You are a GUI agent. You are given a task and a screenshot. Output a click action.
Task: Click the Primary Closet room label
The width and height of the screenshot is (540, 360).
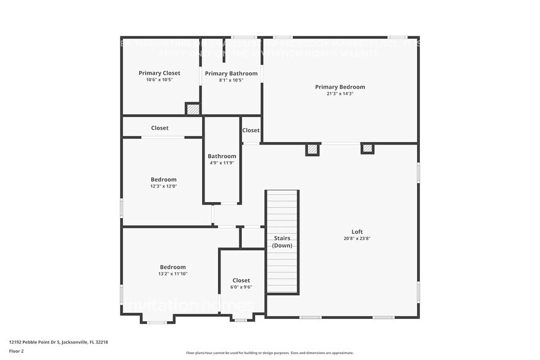coord(159,73)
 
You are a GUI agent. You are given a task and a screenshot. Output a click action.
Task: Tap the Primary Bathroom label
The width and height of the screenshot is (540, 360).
coord(231,73)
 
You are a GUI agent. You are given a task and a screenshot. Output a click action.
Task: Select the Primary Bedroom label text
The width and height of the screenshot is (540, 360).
coord(340,87)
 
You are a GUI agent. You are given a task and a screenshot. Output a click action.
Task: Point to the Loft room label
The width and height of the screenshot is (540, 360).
coord(357,231)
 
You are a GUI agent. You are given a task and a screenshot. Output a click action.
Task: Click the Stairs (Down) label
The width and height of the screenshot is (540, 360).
coord(282,242)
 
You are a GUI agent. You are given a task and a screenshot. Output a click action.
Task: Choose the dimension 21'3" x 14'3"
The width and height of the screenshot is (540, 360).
coord(340,94)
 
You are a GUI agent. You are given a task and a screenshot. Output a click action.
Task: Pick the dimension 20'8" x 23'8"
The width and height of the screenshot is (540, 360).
coord(357,238)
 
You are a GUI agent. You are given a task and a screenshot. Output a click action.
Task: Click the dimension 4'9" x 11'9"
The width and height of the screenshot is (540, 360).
coord(222,163)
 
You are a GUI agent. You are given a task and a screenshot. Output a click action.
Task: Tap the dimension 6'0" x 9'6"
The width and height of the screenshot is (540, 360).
coord(241,287)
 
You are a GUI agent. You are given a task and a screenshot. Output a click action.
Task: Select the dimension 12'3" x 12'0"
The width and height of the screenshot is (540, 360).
coord(163,186)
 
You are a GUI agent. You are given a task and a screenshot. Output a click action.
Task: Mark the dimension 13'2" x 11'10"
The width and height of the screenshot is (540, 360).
coord(173,274)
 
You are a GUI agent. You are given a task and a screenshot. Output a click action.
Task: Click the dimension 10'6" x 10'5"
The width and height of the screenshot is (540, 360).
coord(159,80)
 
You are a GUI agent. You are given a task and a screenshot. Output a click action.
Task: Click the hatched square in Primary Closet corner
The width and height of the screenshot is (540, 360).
coord(193,109)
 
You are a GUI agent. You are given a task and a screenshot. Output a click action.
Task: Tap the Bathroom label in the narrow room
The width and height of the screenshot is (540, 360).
coord(222,156)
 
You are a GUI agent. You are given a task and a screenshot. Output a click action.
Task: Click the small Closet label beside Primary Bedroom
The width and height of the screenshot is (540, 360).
coord(251,130)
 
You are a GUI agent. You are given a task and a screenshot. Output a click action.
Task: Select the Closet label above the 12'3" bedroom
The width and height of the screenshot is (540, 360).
coord(160,128)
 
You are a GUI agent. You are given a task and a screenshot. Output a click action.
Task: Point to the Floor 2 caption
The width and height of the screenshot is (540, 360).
coord(17,351)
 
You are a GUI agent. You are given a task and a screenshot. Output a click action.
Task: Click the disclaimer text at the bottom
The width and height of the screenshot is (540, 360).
coord(269,353)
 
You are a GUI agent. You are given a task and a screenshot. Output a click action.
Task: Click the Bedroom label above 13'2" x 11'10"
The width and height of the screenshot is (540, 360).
coord(173,267)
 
